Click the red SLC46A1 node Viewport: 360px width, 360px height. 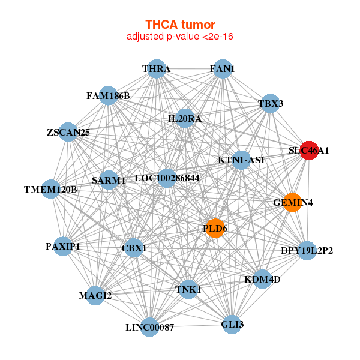coord(308,151)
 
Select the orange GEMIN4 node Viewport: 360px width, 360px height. coord(292,203)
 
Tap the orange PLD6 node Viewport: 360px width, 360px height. coord(215,229)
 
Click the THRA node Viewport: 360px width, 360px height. coord(156,69)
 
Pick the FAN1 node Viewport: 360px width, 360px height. coord(223,69)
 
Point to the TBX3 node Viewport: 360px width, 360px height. coord(270,103)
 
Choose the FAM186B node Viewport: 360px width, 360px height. coord(108,95)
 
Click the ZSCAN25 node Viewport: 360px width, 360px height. coord(68,132)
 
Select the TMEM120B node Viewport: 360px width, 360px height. coord(51,190)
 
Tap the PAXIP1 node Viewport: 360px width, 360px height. coord(63,247)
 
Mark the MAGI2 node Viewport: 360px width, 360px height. coord(95,295)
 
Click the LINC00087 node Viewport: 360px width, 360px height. coord(150,327)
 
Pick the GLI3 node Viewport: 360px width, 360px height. coord(232,325)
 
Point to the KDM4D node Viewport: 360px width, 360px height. coord(262,279)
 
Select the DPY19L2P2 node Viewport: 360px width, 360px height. coord(307,250)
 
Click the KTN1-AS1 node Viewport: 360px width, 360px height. coord(241,160)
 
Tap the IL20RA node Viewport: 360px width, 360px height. coord(185,119)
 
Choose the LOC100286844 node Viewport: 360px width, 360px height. coord(167,178)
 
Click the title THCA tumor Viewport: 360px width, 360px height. coord(180,25)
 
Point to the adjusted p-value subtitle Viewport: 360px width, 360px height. coord(180,37)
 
